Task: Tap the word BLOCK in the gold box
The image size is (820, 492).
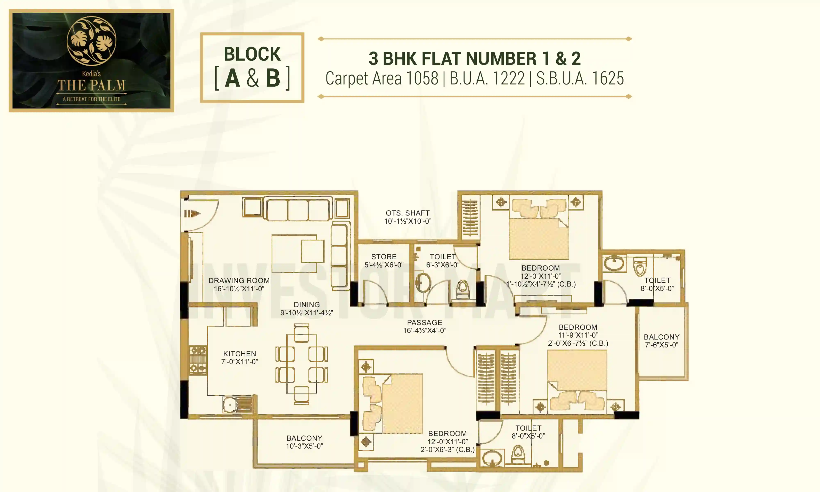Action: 252,54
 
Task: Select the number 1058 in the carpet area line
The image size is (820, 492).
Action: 422,79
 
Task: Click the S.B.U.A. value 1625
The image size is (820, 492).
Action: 608,79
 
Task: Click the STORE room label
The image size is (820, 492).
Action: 384,257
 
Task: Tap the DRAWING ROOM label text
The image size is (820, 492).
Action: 239,280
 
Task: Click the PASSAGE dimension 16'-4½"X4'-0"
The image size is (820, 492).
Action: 425,330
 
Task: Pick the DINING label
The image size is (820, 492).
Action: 307,304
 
